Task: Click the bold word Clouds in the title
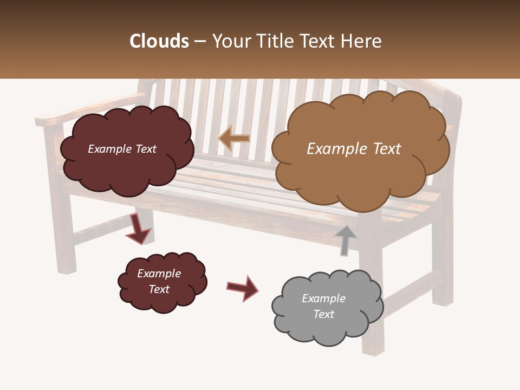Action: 159,41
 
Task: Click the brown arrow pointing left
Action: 234,139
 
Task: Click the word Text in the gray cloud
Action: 323,314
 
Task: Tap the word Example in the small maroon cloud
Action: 159,274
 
